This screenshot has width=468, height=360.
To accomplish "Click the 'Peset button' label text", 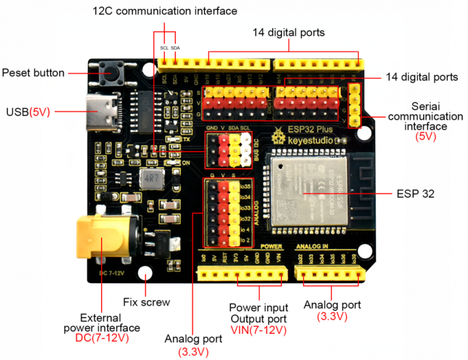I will coord(33,73).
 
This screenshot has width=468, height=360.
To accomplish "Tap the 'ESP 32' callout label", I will coord(415,193).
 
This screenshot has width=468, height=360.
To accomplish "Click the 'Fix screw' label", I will coord(147,302).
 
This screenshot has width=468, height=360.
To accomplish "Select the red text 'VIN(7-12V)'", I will coord(258,329).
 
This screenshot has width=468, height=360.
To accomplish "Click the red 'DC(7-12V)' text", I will coord(101,338).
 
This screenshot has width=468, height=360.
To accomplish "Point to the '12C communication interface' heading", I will coord(165,11).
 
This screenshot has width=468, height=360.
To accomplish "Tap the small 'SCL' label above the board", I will coord(164,47).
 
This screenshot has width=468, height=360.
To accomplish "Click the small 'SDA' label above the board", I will coord(175,47).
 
